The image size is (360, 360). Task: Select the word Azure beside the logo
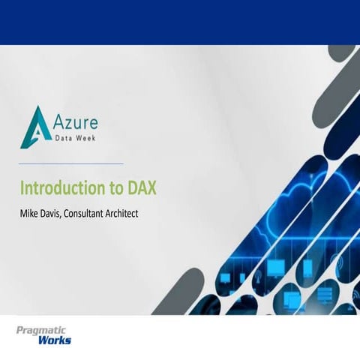coord(76,121)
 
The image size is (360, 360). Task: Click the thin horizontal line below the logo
coord(71,163)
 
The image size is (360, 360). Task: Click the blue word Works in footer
coord(53,341)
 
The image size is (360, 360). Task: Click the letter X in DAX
coord(151,186)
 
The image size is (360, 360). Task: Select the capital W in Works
coord(43,341)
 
